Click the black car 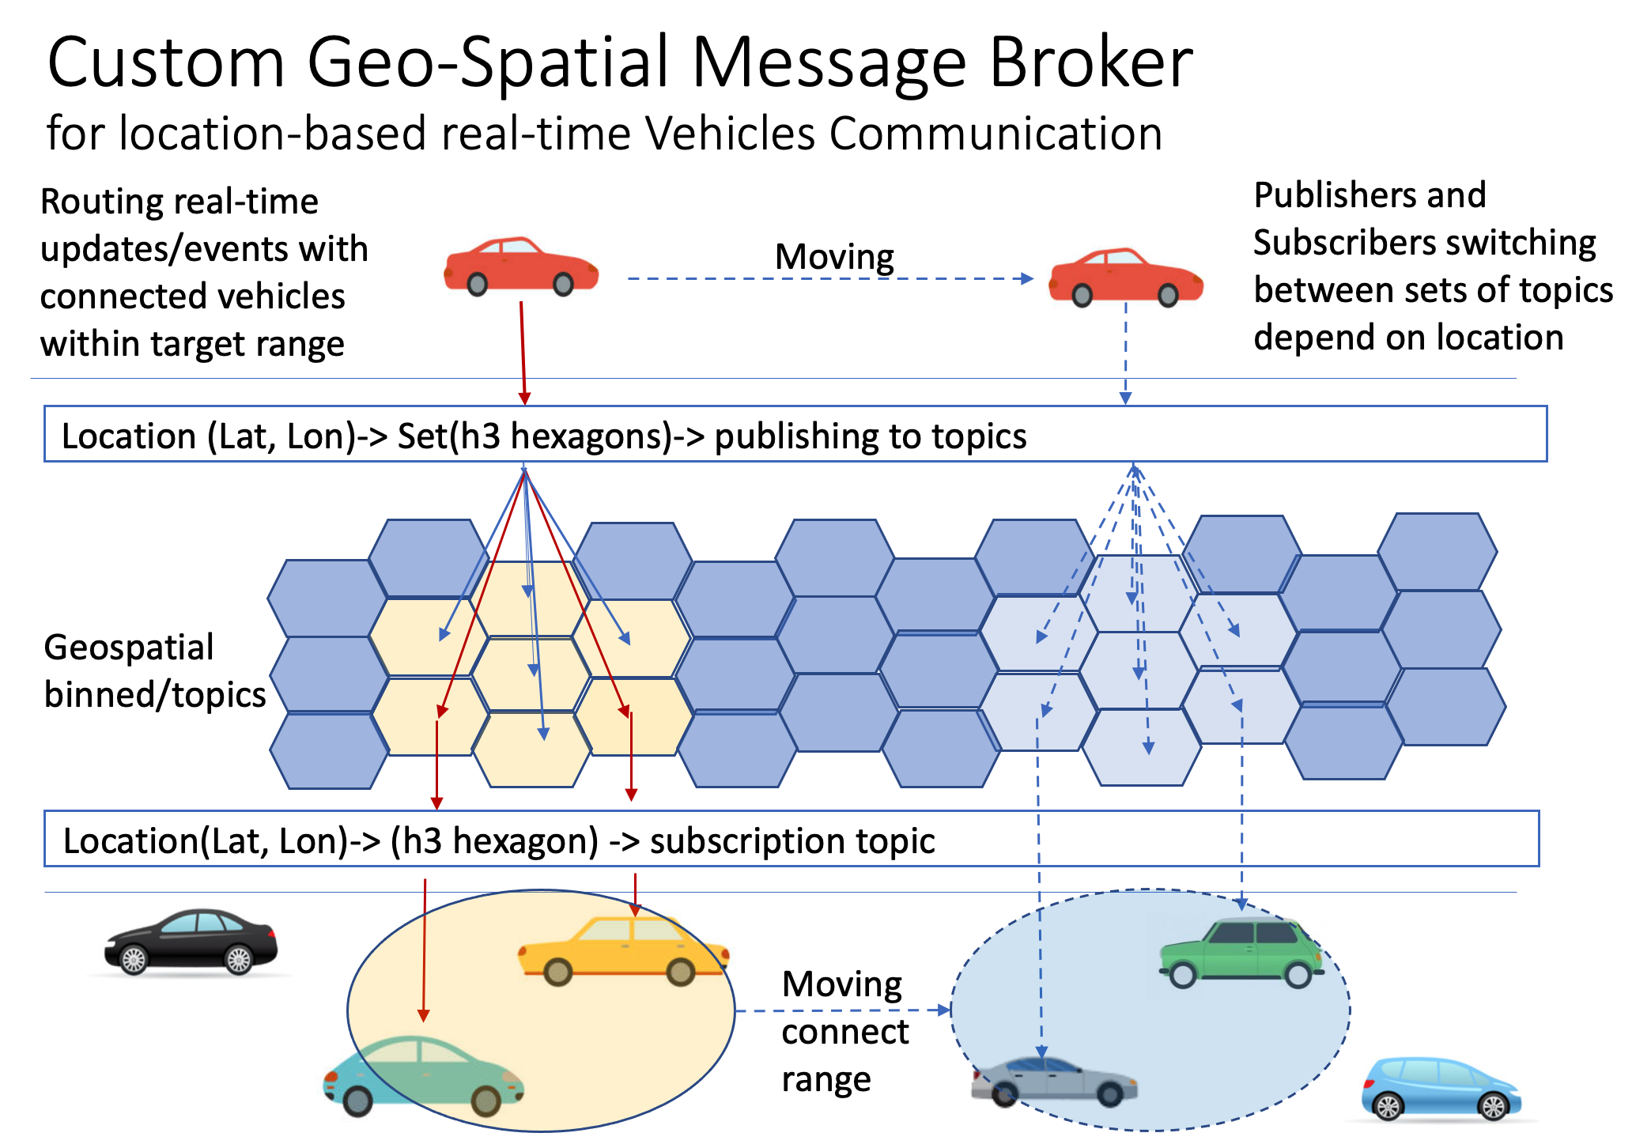click(191, 942)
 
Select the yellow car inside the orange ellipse click(623, 950)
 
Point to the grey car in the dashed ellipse click(1054, 1082)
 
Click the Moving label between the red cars click(834, 257)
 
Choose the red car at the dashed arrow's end click(1126, 277)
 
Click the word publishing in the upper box click(815, 437)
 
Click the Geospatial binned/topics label click(155, 671)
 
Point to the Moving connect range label click(845, 1031)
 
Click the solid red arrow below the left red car click(523, 353)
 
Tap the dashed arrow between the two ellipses click(843, 1010)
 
